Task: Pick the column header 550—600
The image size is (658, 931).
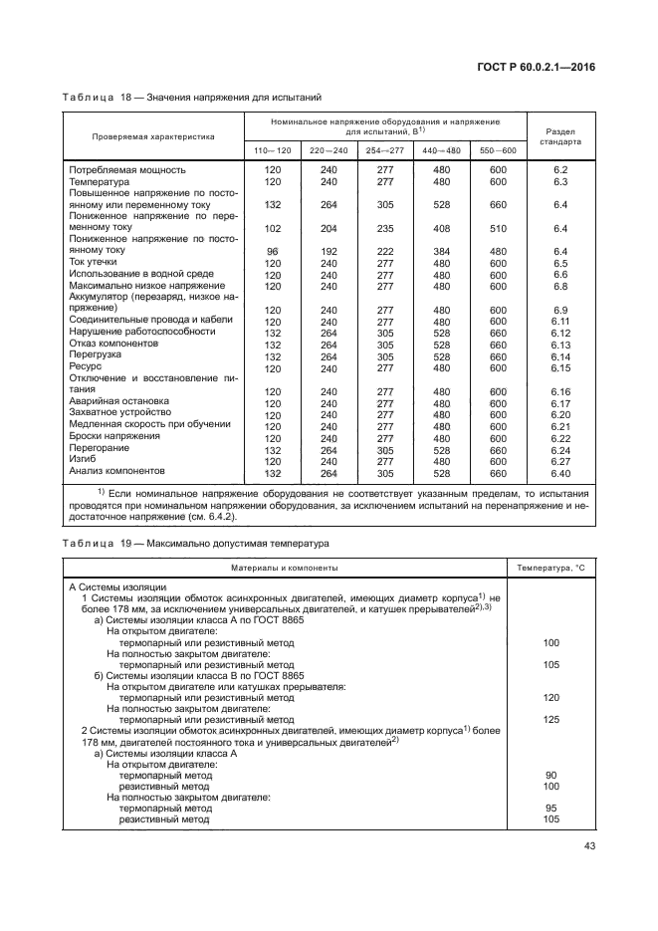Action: click(498, 149)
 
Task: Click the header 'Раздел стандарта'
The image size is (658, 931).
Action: click(560, 136)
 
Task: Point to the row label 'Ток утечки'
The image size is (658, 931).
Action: click(94, 262)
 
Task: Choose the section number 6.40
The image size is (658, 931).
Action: click(560, 473)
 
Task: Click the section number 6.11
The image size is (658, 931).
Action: click(560, 321)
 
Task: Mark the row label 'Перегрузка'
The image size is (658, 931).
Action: click(96, 355)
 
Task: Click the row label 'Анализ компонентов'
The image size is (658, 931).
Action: click(116, 471)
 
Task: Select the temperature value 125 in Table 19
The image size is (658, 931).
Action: click(551, 718)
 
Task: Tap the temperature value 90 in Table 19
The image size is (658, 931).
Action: click(551, 775)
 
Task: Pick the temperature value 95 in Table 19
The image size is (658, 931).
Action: click(551, 808)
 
